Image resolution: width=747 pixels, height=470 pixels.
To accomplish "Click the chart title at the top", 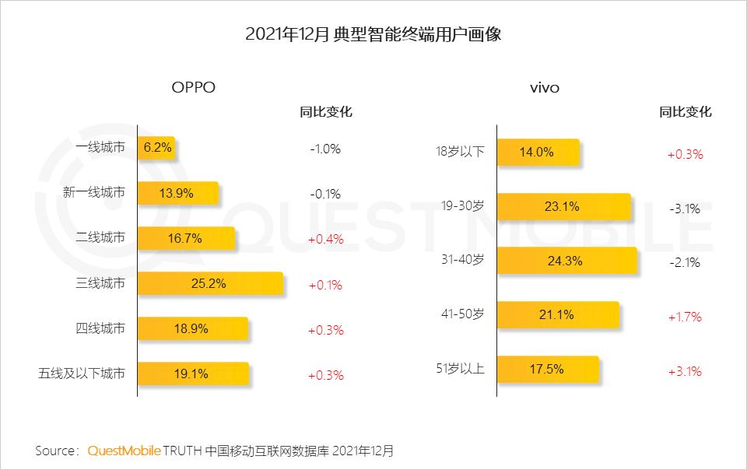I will pyautogui.click(x=373, y=34).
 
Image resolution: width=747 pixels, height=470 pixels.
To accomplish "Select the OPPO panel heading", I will pyautogui.click(x=193, y=87).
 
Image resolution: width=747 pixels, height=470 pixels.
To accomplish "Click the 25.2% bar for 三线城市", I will pyautogui.click(x=210, y=283).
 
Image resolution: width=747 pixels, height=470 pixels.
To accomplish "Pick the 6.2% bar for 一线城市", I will pyautogui.click(x=156, y=148).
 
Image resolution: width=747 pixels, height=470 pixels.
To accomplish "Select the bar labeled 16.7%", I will pyautogui.click(x=186, y=238).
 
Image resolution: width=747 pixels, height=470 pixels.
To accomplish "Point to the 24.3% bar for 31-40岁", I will pyautogui.click(x=566, y=261).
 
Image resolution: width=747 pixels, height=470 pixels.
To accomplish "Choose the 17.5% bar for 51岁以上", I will pyautogui.click(x=547, y=369).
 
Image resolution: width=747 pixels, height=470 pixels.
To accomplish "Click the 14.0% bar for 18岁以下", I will pyautogui.click(x=538, y=153).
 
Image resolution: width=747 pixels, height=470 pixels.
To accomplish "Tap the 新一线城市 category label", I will pyautogui.click(x=93, y=193).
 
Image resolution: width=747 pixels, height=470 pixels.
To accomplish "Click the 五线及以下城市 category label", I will pyautogui.click(x=81, y=374).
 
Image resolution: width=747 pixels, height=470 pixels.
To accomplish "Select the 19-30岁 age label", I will pyautogui.click(x=462, y=206).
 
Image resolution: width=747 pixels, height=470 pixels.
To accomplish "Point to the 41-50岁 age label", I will pyautogui.click(x=462, y=314).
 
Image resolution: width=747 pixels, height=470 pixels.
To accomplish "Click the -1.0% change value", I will pyautogui.click(x=325, y=149).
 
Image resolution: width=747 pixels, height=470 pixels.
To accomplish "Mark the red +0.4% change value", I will pyautogui.click(x=325, y=239).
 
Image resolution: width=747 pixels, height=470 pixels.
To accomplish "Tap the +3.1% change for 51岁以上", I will pyautogui.click(x=685, y=371).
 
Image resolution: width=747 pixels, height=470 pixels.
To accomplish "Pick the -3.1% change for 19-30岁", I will pyautogui.click(x=685, y=209).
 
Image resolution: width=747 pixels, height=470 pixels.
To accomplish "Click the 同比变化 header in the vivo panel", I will pyautogui.click(x=685, y=111).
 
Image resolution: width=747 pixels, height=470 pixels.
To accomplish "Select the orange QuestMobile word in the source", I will pyautogui.click(x=124, y=451).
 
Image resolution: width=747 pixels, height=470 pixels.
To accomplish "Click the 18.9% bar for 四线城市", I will pyautogui.click(x=192, y=328).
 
